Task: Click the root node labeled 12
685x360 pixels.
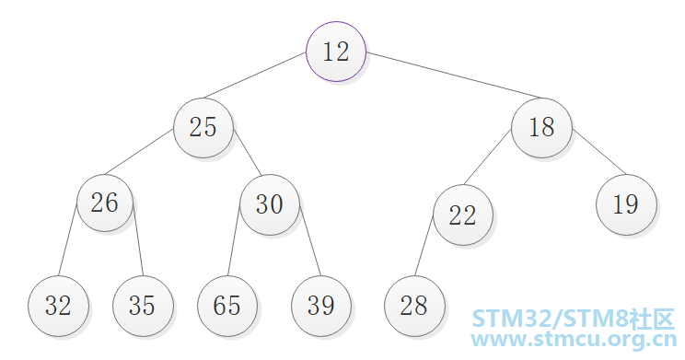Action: pos(336,52)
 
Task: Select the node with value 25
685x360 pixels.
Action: pos(203,128)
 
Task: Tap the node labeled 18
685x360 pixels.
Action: pos(541,128)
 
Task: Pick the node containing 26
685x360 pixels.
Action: pos(105,203)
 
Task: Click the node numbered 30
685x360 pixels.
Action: pos(270,204)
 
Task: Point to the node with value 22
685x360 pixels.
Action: pos(463,215)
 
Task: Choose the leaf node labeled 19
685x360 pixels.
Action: pos(626,204)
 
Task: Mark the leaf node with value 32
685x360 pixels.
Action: pos(59,306)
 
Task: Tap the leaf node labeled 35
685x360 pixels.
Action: pos(143,306)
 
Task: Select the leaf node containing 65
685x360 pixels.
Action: pos(227,306)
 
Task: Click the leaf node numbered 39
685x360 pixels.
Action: pos(321,306)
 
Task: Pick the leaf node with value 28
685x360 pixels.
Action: pos(414,306)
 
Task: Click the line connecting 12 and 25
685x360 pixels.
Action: pos(255,75)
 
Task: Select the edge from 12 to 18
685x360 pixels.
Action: pos(454,75)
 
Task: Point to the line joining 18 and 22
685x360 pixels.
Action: pos(488,157)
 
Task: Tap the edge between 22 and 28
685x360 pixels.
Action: pos(424,246)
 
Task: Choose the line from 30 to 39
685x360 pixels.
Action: pos(310,240)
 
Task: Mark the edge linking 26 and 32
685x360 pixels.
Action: pos(68,239)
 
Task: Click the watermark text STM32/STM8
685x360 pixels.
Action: pos(550,318)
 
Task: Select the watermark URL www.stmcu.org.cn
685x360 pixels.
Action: pos(574,340)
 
